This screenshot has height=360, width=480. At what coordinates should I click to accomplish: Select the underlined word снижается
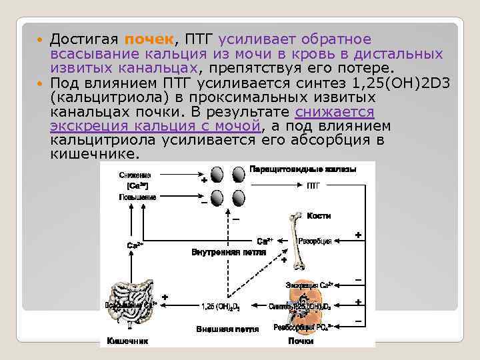[x=335, y=111]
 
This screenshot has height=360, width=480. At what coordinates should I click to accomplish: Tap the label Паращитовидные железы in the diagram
[x=303, y=169]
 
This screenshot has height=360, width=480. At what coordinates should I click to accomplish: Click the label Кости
[x=319, y=216]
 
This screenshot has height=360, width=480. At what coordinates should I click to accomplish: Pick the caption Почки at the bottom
[x=301, y=341]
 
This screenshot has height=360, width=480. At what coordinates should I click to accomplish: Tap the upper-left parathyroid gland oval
[x=217, y=175]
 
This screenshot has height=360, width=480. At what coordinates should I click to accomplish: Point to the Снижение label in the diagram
[x=135, y=175]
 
